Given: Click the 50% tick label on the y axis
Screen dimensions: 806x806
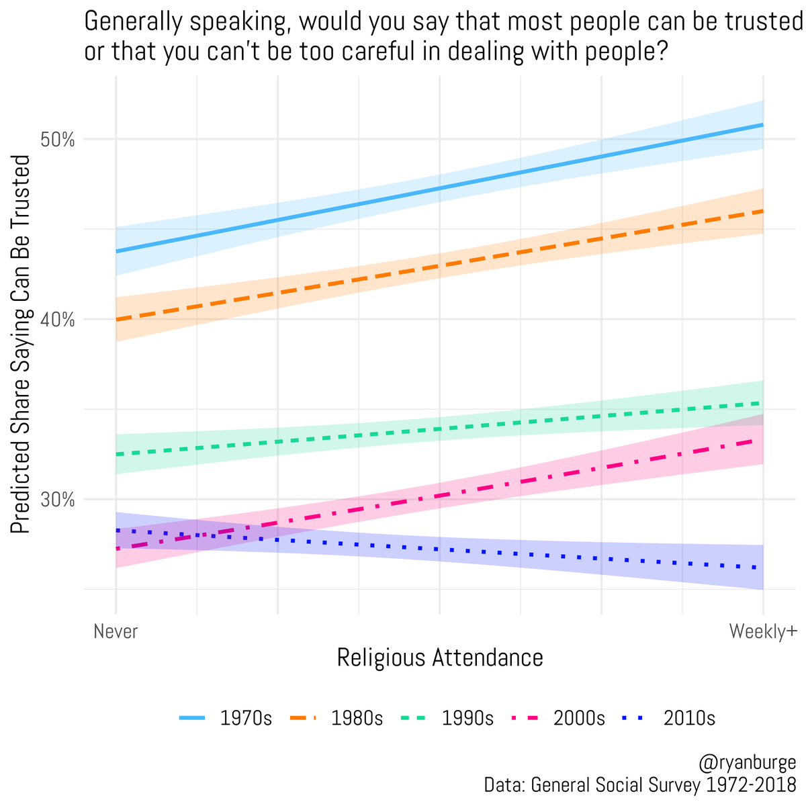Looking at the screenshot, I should [59, 140].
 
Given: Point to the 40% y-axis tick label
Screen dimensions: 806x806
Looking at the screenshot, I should [59, 320].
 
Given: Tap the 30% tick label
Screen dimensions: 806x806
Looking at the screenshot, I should [59, 500].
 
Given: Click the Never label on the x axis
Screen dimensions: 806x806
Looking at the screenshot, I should [116, 631].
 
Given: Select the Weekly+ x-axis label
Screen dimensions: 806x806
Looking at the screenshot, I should [762, 631].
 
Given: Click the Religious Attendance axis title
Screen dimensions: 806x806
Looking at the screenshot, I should [439, 658].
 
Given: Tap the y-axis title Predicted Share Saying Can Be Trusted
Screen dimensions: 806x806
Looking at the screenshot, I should [21, 344].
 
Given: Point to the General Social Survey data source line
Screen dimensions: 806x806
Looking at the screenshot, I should [639, 785].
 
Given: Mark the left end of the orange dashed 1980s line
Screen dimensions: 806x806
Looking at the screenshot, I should [117, 319].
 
